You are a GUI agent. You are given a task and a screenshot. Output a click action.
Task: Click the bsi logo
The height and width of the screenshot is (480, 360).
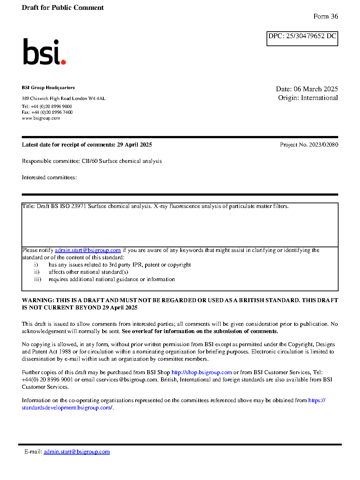tap(44, 52)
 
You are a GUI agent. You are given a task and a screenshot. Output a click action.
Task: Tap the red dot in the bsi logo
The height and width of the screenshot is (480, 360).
tap(63, 62)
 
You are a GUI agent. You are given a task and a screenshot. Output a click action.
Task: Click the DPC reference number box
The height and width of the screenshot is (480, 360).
tap(302, 39)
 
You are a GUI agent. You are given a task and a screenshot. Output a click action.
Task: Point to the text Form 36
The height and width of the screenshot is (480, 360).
tap(325, 16)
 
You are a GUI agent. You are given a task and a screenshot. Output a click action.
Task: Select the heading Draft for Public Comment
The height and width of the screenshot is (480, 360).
tap(63, 8)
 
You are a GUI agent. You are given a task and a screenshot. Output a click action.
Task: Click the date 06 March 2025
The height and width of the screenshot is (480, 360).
tap(316, 89)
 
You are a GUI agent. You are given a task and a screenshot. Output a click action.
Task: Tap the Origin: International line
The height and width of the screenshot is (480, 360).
tap(308, 98)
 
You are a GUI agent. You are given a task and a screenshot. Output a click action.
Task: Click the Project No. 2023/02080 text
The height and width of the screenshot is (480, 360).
tap(309, 145)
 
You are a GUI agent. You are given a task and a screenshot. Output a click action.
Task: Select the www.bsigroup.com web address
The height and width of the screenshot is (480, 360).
tap(41, 118)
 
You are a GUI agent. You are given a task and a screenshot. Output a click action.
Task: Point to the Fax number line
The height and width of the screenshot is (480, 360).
tap(47, 112)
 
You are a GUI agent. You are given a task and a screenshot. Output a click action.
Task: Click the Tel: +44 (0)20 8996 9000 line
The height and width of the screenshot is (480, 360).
tap(47, 107)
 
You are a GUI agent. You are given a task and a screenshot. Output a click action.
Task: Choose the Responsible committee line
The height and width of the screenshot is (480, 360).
tap(92, 161)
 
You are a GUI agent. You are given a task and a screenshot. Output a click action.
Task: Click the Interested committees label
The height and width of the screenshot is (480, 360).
tap(49, 177)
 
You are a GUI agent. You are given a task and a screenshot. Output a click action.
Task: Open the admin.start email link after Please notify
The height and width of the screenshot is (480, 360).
tap(88, 250)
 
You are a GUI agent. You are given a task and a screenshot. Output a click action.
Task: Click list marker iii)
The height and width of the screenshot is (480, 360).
tap(37, 279)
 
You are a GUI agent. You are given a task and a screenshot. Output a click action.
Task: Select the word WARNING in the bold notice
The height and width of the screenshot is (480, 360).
tap(38, 300)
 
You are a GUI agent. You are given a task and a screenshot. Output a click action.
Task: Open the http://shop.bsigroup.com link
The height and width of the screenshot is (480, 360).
tap(201, 372)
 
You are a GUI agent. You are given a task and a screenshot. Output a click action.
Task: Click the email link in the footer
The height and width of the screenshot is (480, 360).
tap(77, 452)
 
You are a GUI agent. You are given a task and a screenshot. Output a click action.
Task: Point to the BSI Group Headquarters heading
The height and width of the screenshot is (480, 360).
tap(48, 88)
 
